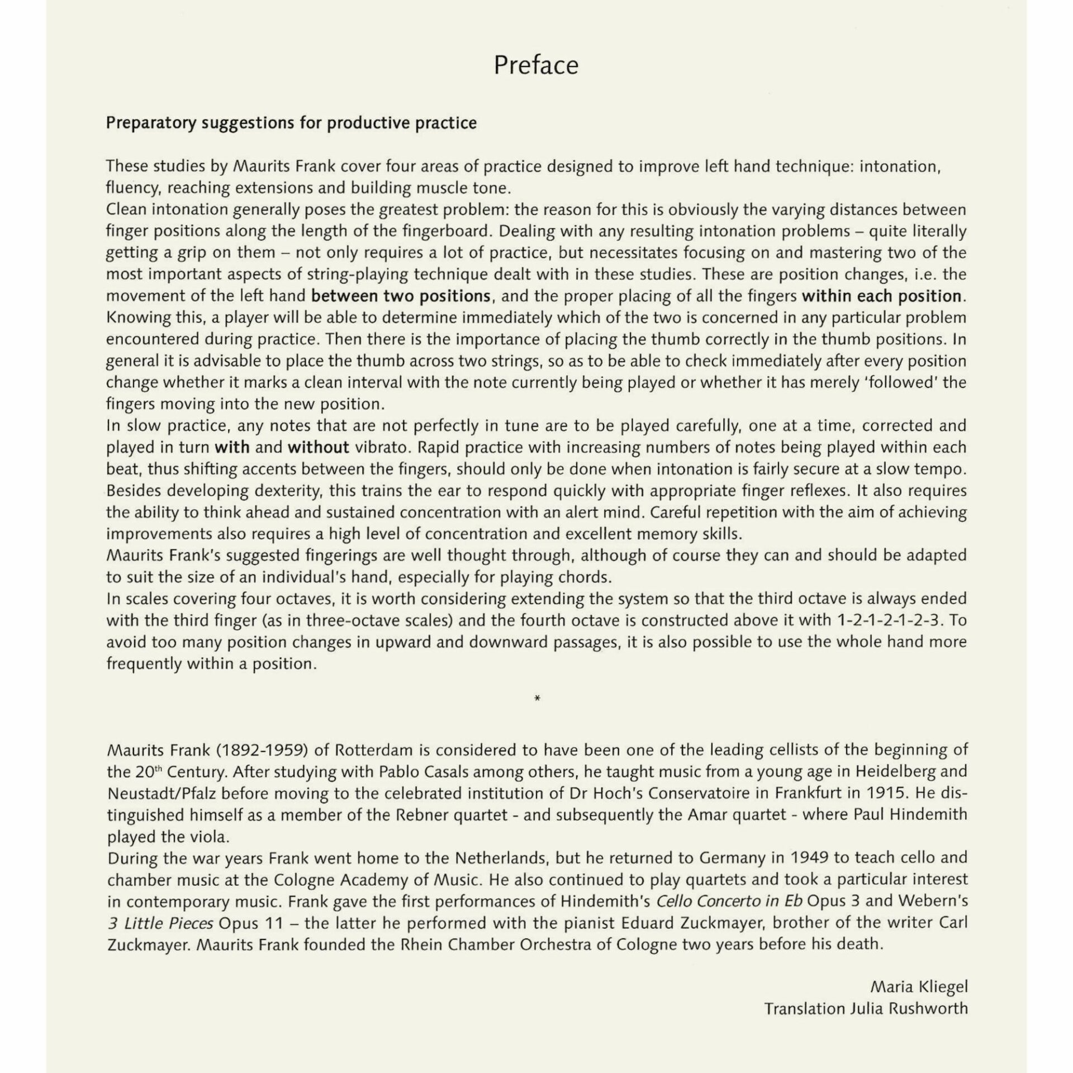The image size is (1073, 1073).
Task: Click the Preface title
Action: (536, 65)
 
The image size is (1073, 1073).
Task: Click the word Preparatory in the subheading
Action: (151, 123)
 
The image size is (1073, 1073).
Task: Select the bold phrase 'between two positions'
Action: (401, 296)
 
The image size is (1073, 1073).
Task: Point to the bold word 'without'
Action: (318, 447)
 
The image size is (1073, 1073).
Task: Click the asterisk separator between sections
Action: (537, 699)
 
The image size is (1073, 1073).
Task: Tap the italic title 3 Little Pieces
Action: (160, 923)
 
